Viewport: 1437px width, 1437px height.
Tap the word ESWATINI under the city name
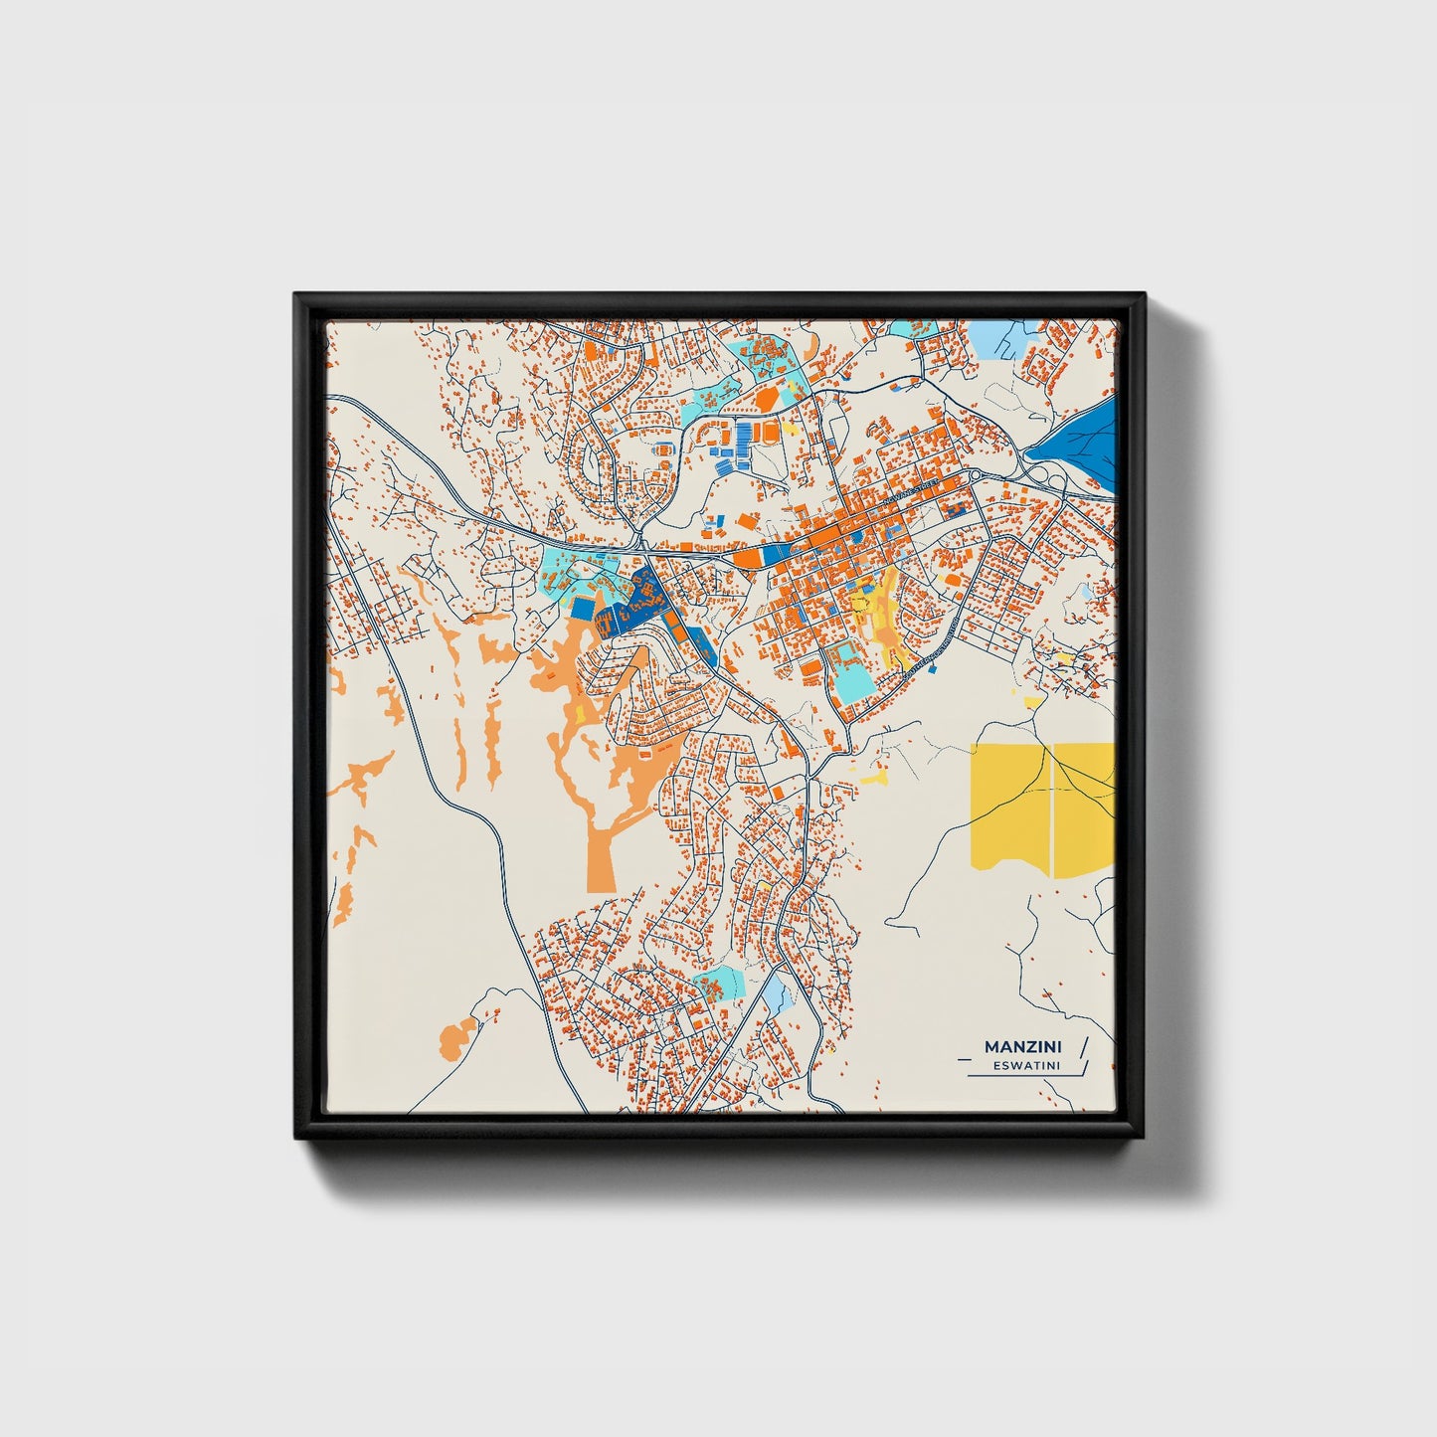(x=1025, y=1065)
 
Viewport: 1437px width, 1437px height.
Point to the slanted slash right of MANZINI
(x=1083, y=1045)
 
